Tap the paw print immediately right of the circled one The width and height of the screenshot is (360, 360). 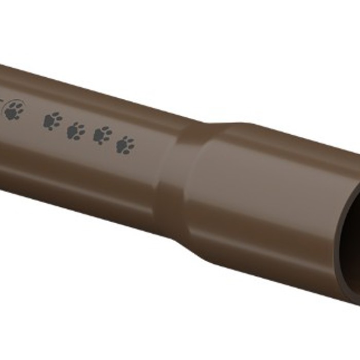point(52,121)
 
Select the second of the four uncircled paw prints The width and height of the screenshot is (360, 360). point(76,131)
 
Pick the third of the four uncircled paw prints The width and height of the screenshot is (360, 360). point(102,135)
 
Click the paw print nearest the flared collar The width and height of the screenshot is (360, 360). point(125,145)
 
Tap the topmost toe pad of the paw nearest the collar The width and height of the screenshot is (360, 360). point(124,138)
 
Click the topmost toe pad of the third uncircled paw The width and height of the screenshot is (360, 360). point(102,128)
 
